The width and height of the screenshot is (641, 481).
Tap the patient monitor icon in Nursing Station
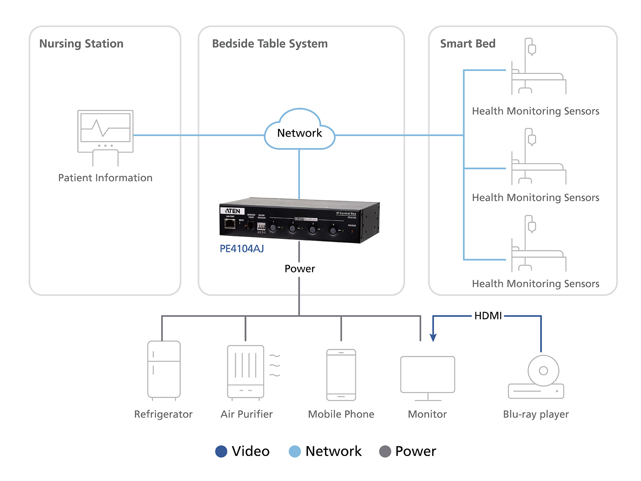coord(105,131)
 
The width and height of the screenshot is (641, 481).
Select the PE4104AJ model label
coord(242,249)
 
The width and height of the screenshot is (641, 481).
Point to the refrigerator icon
coord(164,370)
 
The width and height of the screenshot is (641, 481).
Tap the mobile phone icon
coord(341,375)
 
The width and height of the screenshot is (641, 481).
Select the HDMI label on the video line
coord(488,316)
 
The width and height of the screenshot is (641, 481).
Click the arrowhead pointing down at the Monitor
coord(433,338)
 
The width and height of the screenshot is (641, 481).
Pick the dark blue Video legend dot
coord(221,451)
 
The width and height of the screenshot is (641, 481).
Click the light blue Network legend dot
coord(295,451)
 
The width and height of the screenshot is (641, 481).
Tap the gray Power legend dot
coord(385,451)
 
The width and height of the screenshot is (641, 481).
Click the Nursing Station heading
coord(81,44)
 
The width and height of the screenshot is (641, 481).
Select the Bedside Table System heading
coord(270,44)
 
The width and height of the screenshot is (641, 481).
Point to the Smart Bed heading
coord(468,44)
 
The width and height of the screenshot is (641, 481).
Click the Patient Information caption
coord(105,178)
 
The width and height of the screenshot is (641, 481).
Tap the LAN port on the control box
coord(230,224)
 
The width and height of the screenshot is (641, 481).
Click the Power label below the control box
coord(300,269)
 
